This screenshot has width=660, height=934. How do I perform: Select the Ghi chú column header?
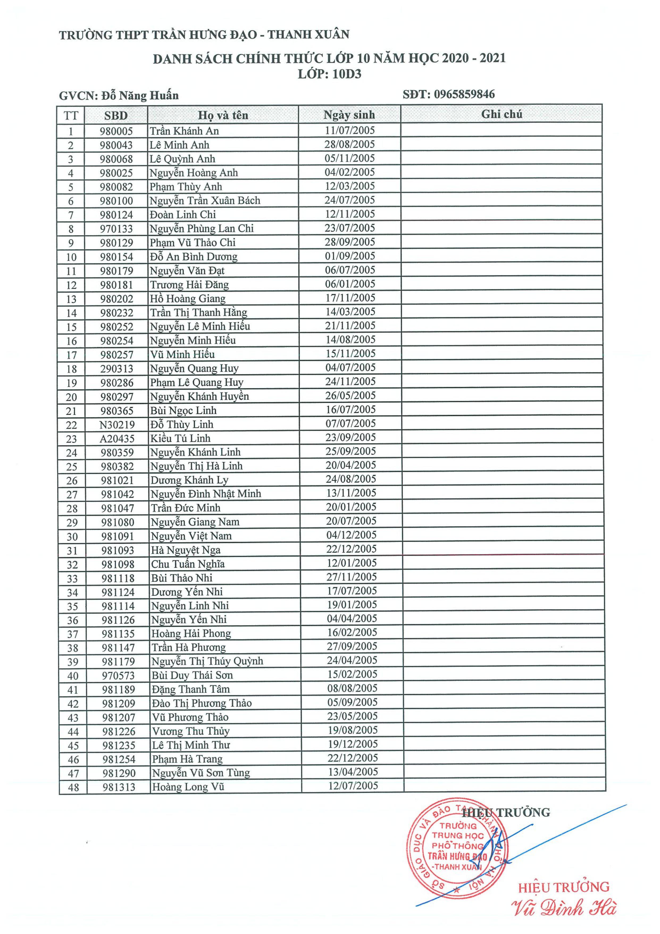tap(502, 114)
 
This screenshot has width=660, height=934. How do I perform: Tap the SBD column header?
tap(116, 115)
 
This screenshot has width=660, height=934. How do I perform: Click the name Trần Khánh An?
tap(184, 131)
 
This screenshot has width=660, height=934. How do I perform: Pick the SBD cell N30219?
tap(117, 425)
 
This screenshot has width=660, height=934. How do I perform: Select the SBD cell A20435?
tap(117, 438)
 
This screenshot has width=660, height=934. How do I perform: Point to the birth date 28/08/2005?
tap(349, 144)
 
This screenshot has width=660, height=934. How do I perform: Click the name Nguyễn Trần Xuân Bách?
tap(204, 201)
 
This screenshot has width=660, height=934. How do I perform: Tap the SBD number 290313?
tap(117, 368)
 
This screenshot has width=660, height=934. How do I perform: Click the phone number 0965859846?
tap(464, 94)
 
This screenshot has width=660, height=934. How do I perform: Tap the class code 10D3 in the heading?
tap(346, 74)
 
